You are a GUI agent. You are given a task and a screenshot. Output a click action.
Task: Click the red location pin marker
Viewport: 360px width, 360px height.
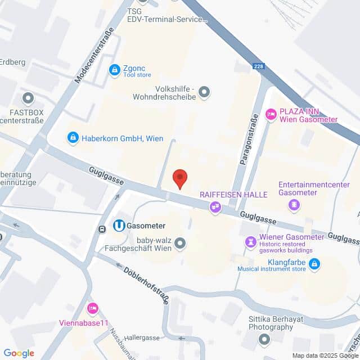click(179, 178)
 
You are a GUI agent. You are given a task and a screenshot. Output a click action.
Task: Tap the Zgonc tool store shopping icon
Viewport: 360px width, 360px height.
click(114, 70)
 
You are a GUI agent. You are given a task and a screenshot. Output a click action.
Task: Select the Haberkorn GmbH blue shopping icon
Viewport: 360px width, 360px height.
click(73, 137)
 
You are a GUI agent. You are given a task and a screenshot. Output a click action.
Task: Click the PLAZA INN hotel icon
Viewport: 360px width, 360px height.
click(271, 115)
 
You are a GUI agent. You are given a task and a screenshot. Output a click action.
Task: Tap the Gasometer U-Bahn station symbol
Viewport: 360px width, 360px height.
click(119, 226)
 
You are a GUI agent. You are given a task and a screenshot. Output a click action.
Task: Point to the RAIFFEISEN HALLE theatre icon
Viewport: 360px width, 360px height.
click(215, 208)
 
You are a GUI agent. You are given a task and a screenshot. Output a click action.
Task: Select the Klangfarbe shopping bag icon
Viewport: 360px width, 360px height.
click(314, 263)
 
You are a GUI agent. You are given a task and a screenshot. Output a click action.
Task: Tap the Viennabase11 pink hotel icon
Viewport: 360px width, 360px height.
click(93, 308)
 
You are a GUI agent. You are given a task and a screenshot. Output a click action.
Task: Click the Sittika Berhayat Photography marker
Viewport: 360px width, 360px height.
click(264, 340)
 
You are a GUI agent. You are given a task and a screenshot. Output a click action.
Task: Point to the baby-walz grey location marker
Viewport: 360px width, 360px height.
click(180, 243)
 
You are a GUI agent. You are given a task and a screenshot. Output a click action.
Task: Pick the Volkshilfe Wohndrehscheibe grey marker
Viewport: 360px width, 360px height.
click(204, 91)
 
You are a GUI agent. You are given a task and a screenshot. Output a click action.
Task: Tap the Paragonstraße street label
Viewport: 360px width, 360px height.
click(249, 138)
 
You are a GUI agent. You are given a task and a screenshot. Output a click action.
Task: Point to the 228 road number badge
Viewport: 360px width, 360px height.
click(259, 67)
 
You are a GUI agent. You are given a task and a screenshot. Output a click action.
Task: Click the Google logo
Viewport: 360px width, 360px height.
click(19, 353)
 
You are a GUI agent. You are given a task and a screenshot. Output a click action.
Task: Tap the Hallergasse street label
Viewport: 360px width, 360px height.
click(141, 337)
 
